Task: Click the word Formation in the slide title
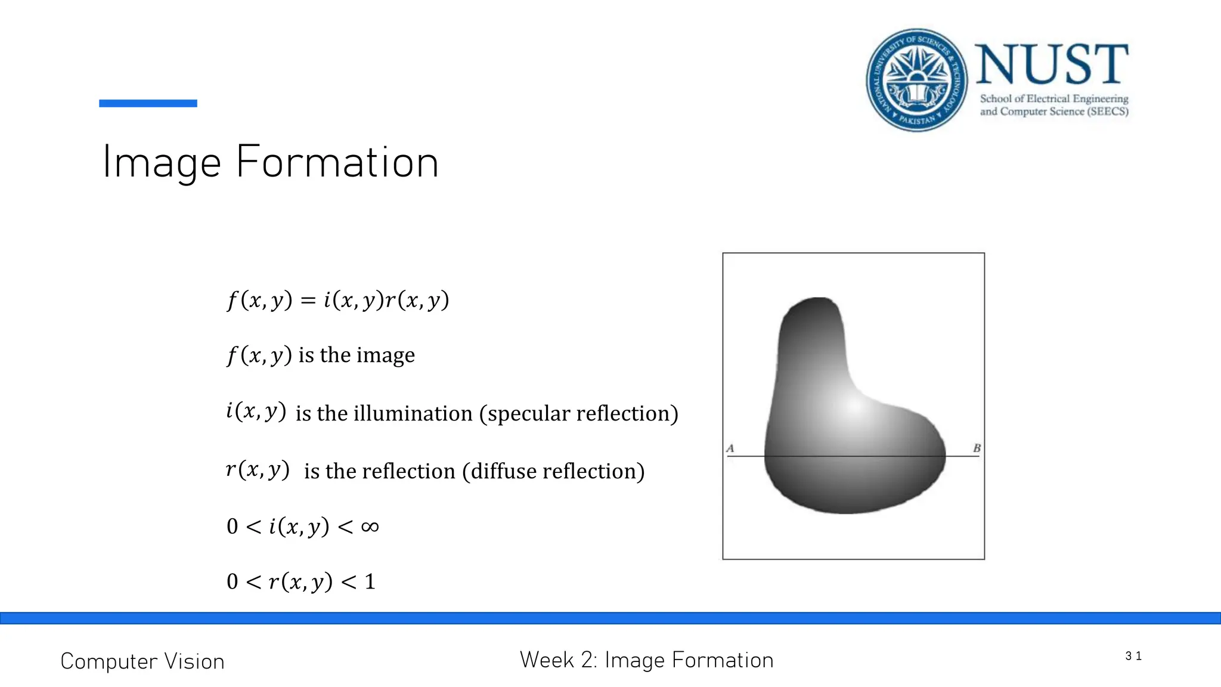coord(337,162)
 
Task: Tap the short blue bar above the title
coord(148,103)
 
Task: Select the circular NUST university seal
coord(917,80)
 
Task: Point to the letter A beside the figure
coord(730,448)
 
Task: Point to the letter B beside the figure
coord(977,448)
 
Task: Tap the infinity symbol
coord(370,527)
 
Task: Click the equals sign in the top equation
coord(308,300)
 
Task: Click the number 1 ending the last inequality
coord(370,581)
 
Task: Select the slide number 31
coord(1133,656)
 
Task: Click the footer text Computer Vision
coord(142,661)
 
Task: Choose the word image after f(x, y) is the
coord(386,355)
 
